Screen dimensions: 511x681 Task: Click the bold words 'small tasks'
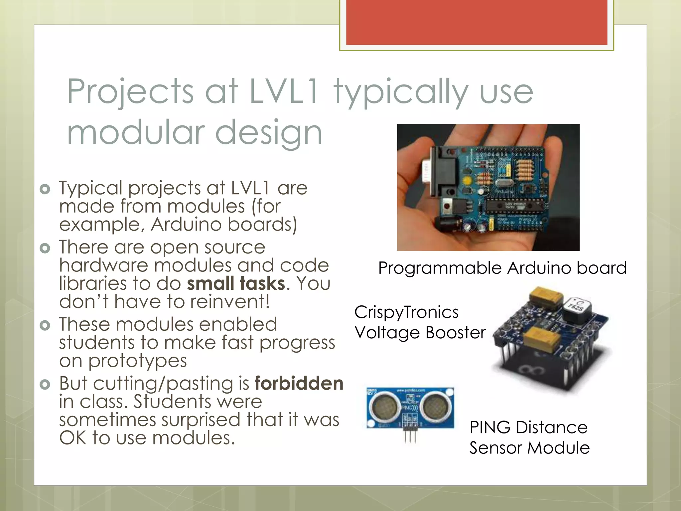tap(236, 284)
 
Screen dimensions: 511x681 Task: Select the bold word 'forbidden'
tap(299, 383)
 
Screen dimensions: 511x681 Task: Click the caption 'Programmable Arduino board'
tap(502, 268)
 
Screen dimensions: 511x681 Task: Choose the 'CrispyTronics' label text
tap(406, 312)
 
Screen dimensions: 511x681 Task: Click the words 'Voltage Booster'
tap(420, 333)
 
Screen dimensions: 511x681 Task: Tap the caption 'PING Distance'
tap(528, 427)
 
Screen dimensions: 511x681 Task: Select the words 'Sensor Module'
tap(529, 448)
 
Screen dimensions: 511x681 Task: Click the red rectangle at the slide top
tap(477, 22)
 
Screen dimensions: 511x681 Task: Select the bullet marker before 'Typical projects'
tap(45, 189)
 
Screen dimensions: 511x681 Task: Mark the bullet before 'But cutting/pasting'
tap(45, 385)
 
